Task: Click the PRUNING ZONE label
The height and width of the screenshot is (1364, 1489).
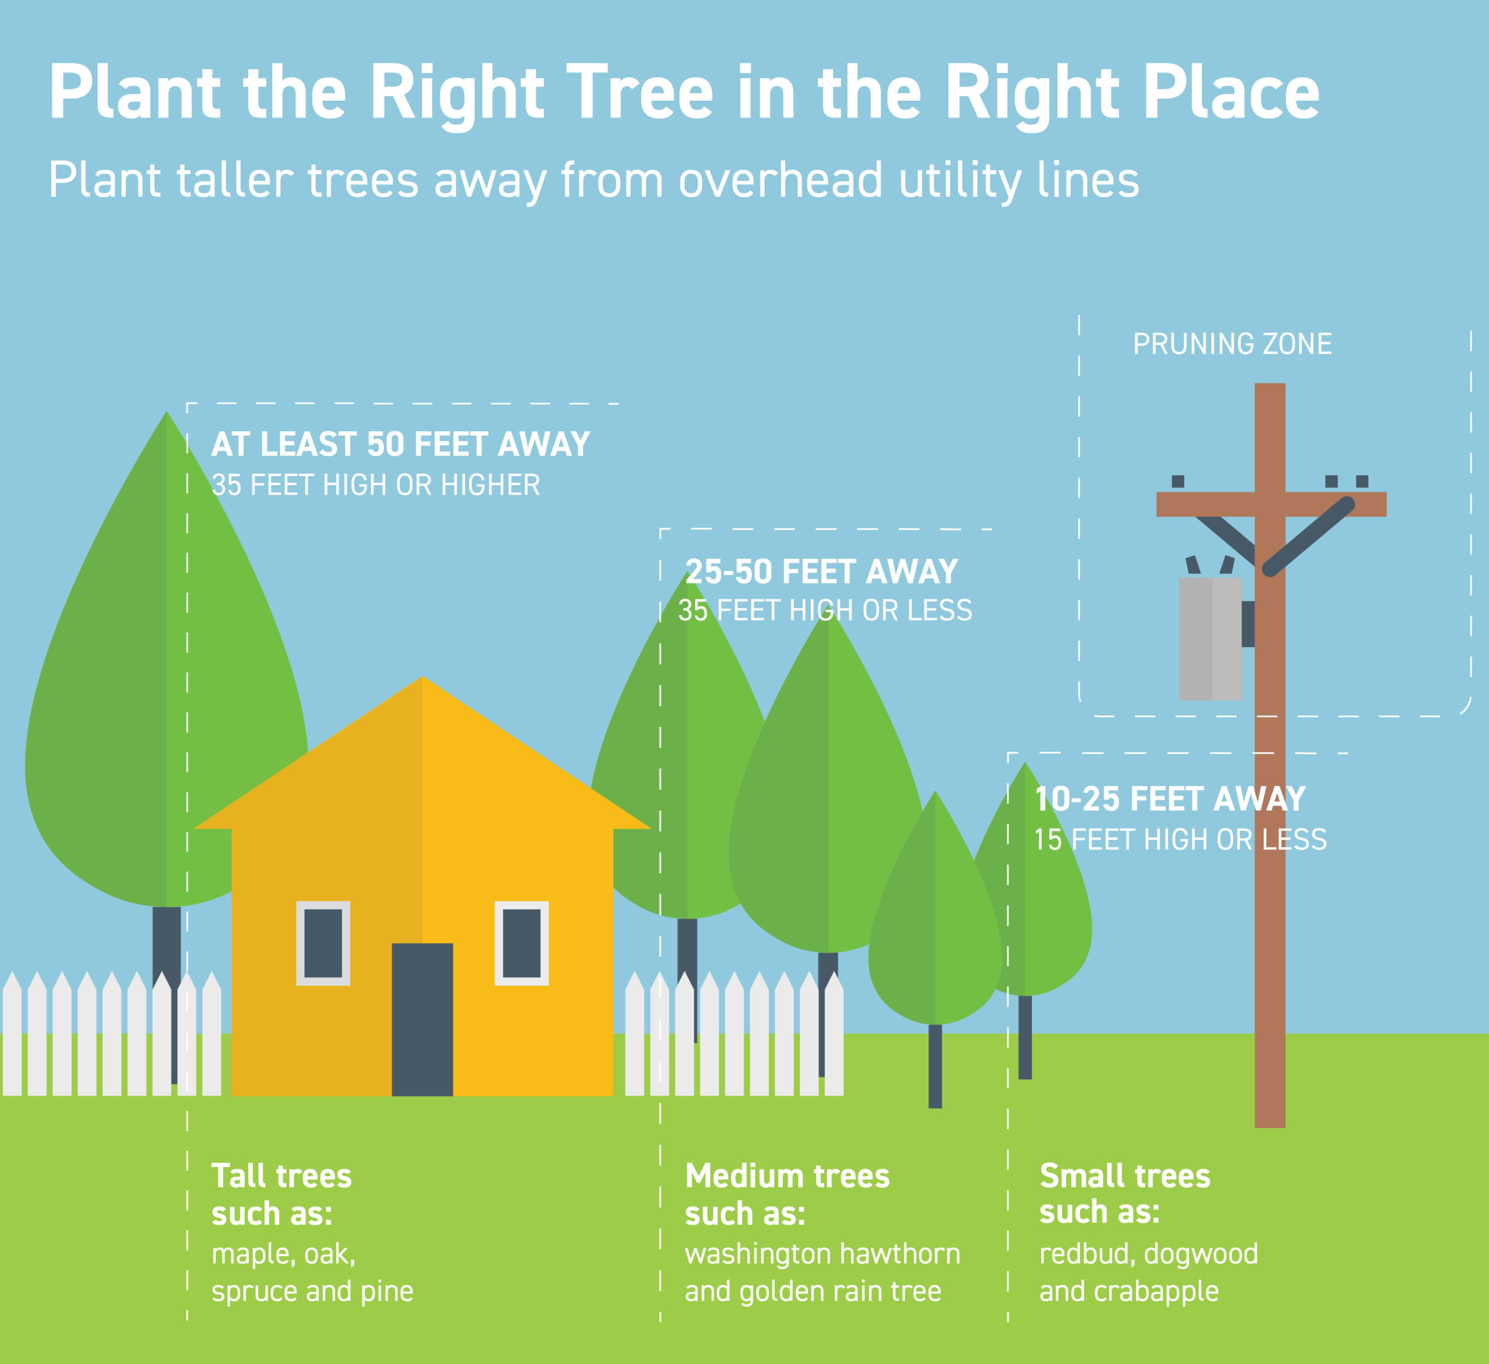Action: (x=1232, y=344)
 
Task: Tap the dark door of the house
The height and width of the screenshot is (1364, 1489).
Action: (x=422, y=1019)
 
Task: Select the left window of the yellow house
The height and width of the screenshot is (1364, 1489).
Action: (x=323, y=943)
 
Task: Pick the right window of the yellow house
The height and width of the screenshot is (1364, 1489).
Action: (x=522, y=943)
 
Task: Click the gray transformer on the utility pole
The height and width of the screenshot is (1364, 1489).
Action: (x=1210, y=638)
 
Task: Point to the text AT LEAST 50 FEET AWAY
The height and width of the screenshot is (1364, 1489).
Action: (x=400, y=444)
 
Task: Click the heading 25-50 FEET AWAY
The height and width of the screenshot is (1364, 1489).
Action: (x=821, y=571)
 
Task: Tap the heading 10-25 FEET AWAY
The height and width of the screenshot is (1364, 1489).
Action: (x=1170, y=799)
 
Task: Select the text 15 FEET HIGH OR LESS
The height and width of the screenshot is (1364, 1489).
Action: (x=1180, y=839)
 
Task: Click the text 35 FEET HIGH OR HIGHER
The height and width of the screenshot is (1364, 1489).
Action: (x=376, y=485)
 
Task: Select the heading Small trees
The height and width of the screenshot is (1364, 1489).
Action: (x=1125, y=1175)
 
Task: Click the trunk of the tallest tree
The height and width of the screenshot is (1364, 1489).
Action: (x=167, y=994)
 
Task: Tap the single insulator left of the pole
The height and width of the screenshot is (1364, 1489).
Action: (x=1177, y=481)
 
